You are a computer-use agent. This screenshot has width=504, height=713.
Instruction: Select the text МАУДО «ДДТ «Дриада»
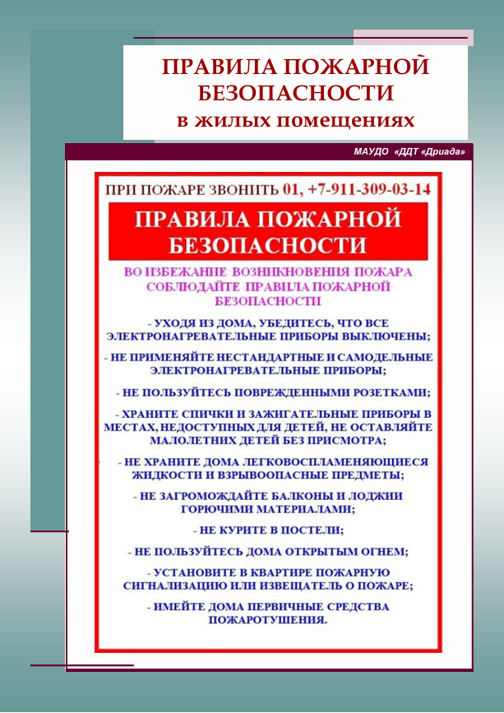(x=409, y=152)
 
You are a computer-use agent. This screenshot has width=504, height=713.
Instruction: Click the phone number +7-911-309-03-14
(x=368, y=189)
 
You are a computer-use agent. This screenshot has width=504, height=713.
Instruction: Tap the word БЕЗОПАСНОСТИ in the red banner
(x=267, y=245)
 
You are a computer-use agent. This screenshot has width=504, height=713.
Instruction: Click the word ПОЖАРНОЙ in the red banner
(x=337, y=220)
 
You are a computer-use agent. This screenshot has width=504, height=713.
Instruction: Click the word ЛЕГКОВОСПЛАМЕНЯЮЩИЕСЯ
(x=331, y=463)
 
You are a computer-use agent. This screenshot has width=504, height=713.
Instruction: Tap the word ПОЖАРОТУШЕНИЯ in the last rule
(x=268, y=620)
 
